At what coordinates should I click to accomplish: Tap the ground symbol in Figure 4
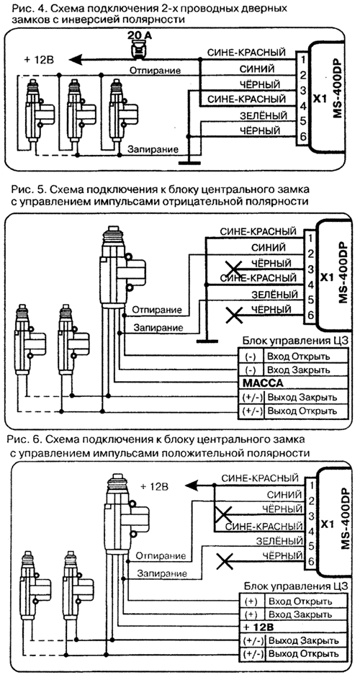(x=189, y=162)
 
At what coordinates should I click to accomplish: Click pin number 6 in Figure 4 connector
(x=303, y=137)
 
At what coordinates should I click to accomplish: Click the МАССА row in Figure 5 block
(x=292, y=383)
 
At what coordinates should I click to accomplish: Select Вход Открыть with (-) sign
(x=299, y=357)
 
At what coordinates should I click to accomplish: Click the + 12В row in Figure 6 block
(x=293, y=627)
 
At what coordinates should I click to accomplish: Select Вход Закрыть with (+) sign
(x=300, y=614)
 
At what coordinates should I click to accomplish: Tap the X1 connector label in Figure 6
(x=328, y=523)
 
